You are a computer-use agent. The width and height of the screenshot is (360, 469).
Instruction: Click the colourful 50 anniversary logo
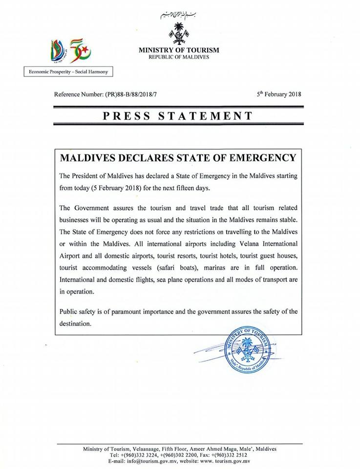pyautogui.click(x=70, y=50)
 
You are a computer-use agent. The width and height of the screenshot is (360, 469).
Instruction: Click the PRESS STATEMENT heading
pyautogui.click(x=179, y=116)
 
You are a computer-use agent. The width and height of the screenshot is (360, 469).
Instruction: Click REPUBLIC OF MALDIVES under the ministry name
pyautogui.click(x=179, y=58)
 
